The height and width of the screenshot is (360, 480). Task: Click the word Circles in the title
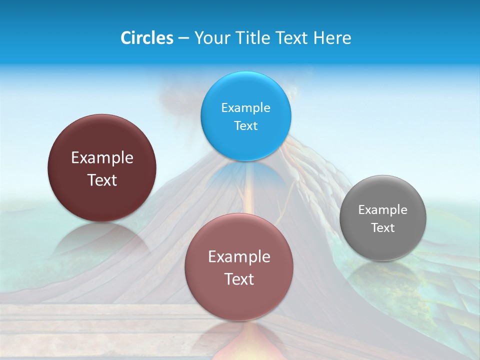pos(146,38)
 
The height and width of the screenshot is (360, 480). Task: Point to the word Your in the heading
pos(210,38)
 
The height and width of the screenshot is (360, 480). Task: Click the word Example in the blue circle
pos(245,108)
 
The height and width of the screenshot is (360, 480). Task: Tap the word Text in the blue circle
pos(245,126)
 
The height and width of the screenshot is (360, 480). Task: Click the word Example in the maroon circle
pos(102,158)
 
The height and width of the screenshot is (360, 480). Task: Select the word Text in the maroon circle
pos(102,180)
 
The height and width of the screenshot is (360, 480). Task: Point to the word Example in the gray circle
pos(383,210)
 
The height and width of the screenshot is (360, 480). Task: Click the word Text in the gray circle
pos(383,228)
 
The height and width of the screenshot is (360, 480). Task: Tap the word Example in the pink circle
pos(238,257)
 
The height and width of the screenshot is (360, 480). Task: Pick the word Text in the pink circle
pos(238,279)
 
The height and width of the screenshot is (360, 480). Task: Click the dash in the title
pos(183,38)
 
